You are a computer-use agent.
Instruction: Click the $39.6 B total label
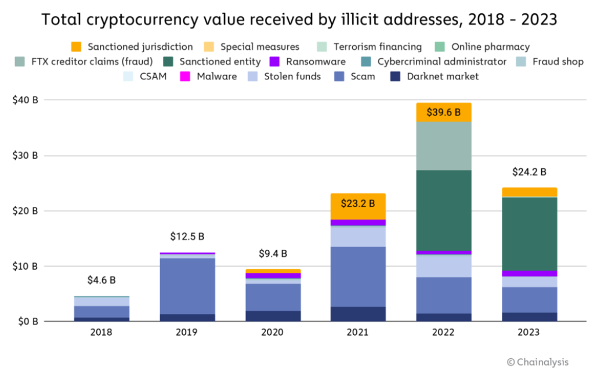click(443, 112)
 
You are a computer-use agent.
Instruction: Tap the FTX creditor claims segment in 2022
click(443, 146)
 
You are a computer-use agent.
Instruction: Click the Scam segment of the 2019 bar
click(187, 286)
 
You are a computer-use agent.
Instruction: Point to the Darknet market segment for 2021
click(358, 314)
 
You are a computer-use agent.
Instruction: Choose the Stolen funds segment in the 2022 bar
click(443, 266)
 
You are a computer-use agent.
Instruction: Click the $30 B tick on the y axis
click(26, 156)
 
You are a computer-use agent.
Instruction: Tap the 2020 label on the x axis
click(273, 333)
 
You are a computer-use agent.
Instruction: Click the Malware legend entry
click(216, 77)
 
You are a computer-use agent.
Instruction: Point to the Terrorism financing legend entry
click(378, 46)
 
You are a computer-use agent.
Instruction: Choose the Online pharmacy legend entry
click(490, 46)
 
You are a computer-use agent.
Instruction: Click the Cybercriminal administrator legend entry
click(441, 61)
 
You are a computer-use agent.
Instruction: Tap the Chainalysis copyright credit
click(538, 362)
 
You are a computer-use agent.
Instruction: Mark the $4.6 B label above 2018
click(101, 280)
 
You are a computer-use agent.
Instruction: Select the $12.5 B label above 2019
click(187, 237)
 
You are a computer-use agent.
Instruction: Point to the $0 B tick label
click(26, 322)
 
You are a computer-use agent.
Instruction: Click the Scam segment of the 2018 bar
click(101, 311)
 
